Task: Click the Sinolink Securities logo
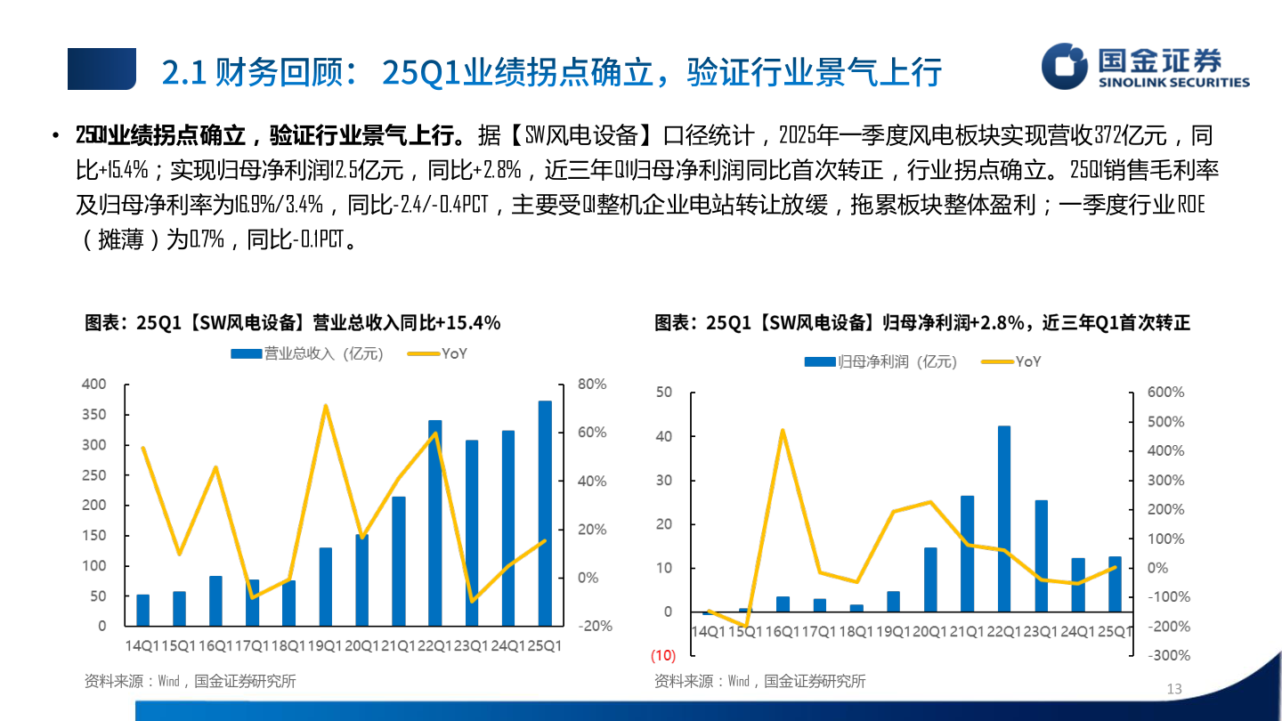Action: [x=1145, y=68]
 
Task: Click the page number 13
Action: [x=1173, y=689]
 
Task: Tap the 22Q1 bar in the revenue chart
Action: [x=435, y=523]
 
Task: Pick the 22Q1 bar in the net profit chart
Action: [x=1004, y=519]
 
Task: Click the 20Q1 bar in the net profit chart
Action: [x=930, y=579]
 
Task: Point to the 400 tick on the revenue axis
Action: [x=93, y=385]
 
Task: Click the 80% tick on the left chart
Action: [x=592, y=385]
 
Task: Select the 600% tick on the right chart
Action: [x=1165, y=393]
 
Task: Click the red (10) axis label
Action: [x=662, y=656]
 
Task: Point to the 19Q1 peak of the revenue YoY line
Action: [x=326, y=406]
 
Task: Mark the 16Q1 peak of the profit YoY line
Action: [x=783, y=431]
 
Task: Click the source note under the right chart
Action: [x=759, y=681]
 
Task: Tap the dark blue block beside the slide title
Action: [x=101, y=69]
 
